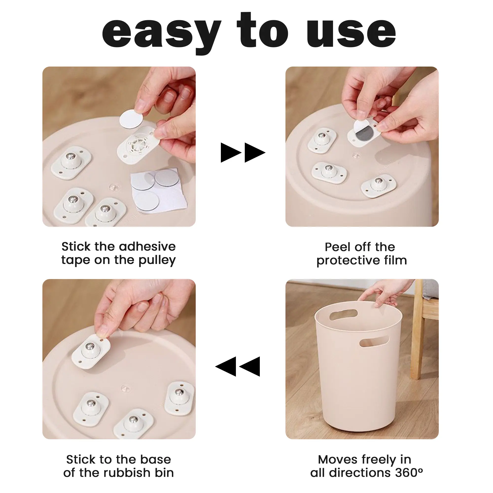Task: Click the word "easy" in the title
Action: (x=161, y=33)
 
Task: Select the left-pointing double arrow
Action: (x=238, y=367)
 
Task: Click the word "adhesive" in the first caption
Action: (x=147, y=246)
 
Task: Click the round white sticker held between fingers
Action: (x=131, y=119)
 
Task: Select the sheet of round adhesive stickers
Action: (x=158, y=190)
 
